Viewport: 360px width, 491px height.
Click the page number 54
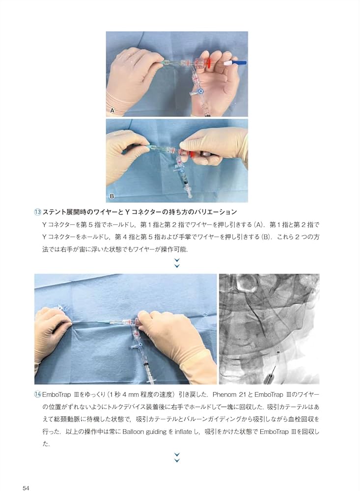tap(27, 474)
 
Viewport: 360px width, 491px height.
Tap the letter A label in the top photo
tap(112, 111)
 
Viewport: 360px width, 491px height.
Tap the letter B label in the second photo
tap(112, 196)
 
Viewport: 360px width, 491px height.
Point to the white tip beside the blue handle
tap(226, 63)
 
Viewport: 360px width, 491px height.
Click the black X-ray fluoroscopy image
tap(269, 329)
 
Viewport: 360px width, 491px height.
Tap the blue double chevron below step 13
tap(177, 263)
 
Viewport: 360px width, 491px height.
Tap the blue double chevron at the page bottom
tap(177, 457)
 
